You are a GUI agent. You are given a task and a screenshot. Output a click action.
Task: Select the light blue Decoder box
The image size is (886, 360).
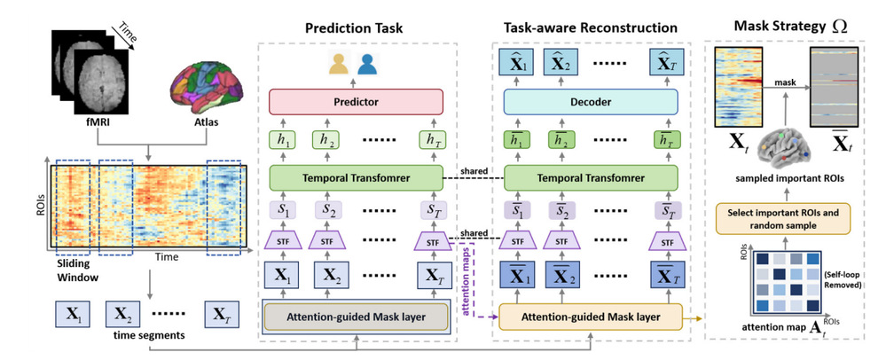pos(590,103)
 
